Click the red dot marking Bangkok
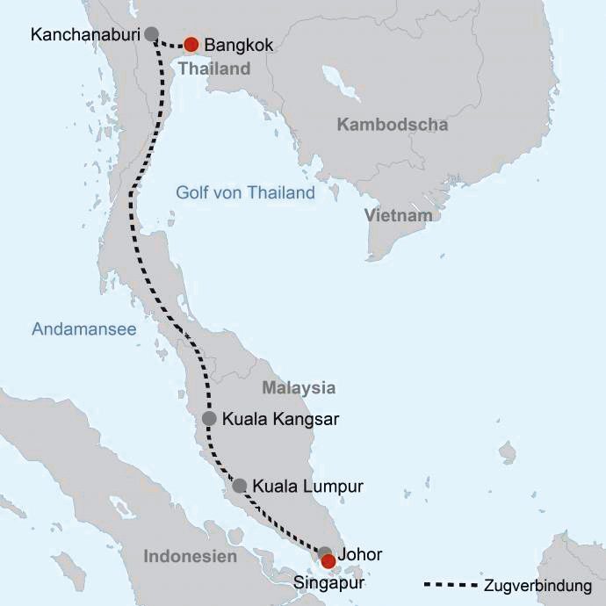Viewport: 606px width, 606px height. coord(191,44)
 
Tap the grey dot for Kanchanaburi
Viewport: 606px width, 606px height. coord(151,34)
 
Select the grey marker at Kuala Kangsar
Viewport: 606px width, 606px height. coord(209,419)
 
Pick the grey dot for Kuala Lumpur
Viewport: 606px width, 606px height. coord(239,486)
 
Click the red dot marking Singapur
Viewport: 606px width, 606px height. coord(328,560)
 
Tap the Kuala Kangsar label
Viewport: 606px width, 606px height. coord(280,419)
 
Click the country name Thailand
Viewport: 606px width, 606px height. coord(214,69)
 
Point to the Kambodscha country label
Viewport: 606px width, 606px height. coord(393,125)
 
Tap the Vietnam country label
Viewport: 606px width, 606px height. coord(400,215)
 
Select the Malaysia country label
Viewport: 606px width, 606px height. coord(299,387)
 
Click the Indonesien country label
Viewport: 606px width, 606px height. coord(190,557)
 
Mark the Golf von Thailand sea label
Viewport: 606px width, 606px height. coord(245,193)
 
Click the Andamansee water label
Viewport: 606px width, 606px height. coord(84,329)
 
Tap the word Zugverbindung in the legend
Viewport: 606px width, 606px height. coord(538,586)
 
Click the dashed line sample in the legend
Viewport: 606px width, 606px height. coord(451,585)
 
